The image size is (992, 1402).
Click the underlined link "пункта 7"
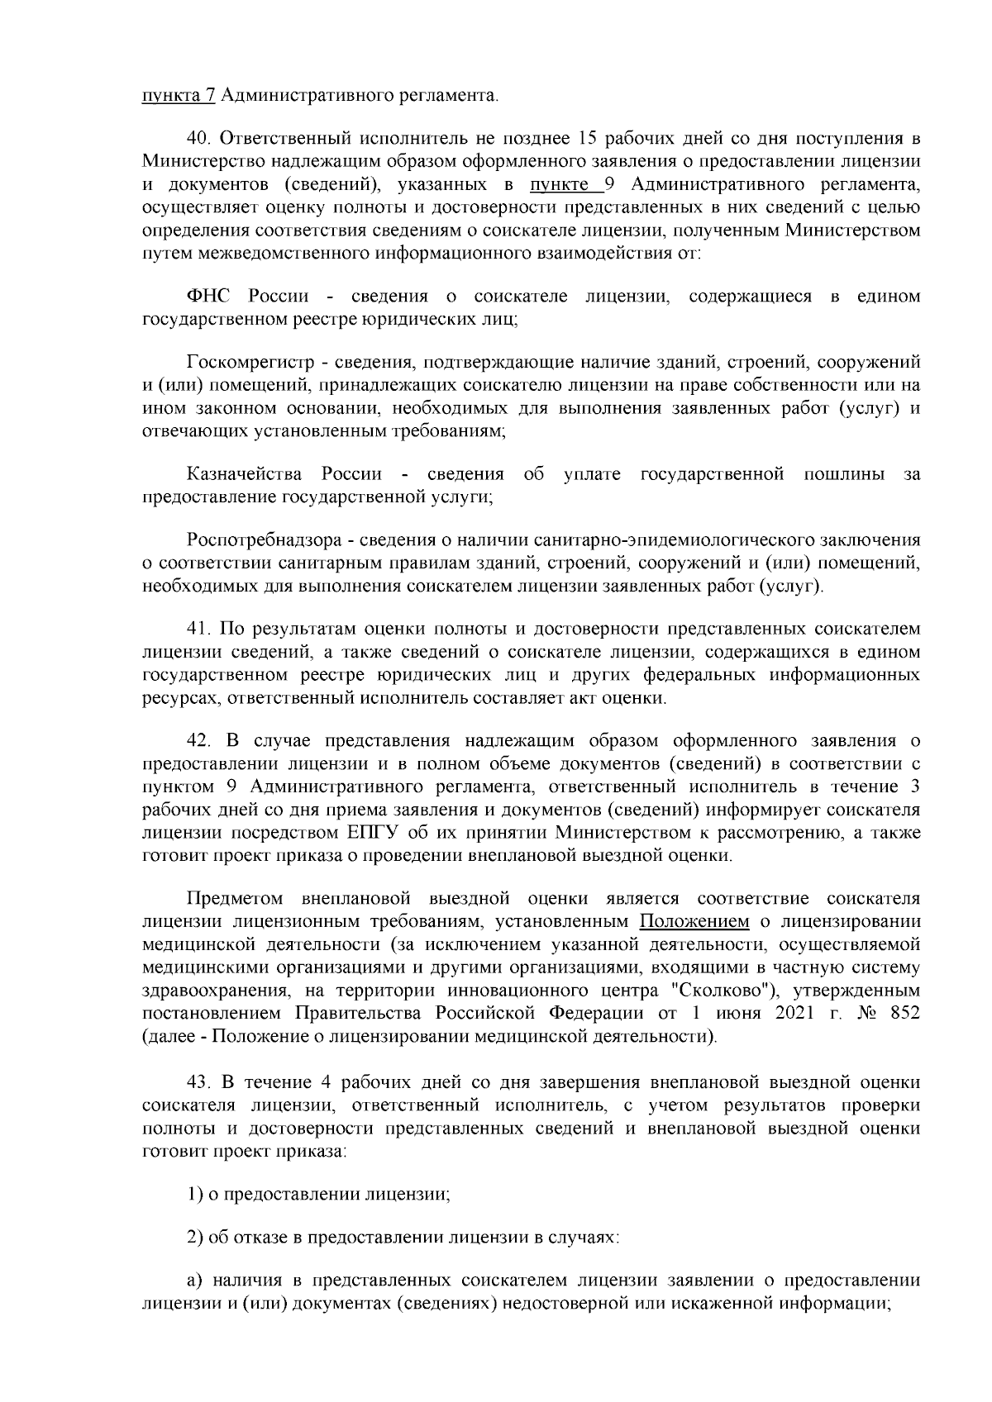[x=179, y=96]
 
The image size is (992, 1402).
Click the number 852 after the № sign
[x=904, y=1013]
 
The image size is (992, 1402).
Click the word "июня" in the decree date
[x=740, y=1013]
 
